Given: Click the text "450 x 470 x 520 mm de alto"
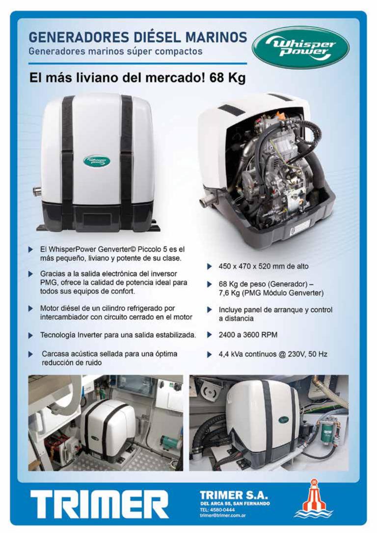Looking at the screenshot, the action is pos(263,266).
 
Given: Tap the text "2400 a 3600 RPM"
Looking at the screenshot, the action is pos(248,335).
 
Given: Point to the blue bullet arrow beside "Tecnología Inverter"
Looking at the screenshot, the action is pos(30,335).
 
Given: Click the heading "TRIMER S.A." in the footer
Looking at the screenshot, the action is pos(234,495).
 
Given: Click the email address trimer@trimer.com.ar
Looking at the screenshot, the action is pos(223,515).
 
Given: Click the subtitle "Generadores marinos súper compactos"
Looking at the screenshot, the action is pos(115,52).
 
